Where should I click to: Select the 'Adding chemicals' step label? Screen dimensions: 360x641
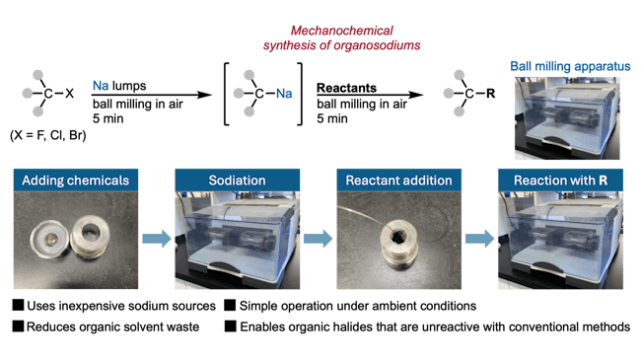(x=71, y=180)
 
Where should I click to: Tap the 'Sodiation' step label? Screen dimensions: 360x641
(x=231, y=180)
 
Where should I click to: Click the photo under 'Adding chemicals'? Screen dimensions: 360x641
(x=71, y=242)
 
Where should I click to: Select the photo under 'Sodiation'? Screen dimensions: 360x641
(x=231, y=242)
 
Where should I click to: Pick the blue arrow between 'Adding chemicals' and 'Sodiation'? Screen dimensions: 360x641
(x=151, y=238)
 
